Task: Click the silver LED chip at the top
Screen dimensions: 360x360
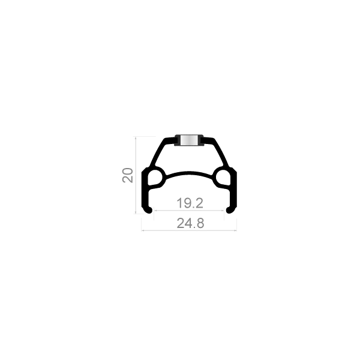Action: (190, 140)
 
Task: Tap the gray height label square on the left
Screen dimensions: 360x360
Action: (127, 177)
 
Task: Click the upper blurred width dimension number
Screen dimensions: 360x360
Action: (190, 202)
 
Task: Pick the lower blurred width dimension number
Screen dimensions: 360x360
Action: (190, 223)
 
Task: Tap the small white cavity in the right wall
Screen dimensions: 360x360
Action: (226, 178)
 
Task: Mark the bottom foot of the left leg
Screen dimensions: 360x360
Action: (146, 210)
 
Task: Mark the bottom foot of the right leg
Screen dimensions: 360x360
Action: (233, 210)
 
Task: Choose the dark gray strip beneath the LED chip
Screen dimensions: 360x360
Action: (190, 147)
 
